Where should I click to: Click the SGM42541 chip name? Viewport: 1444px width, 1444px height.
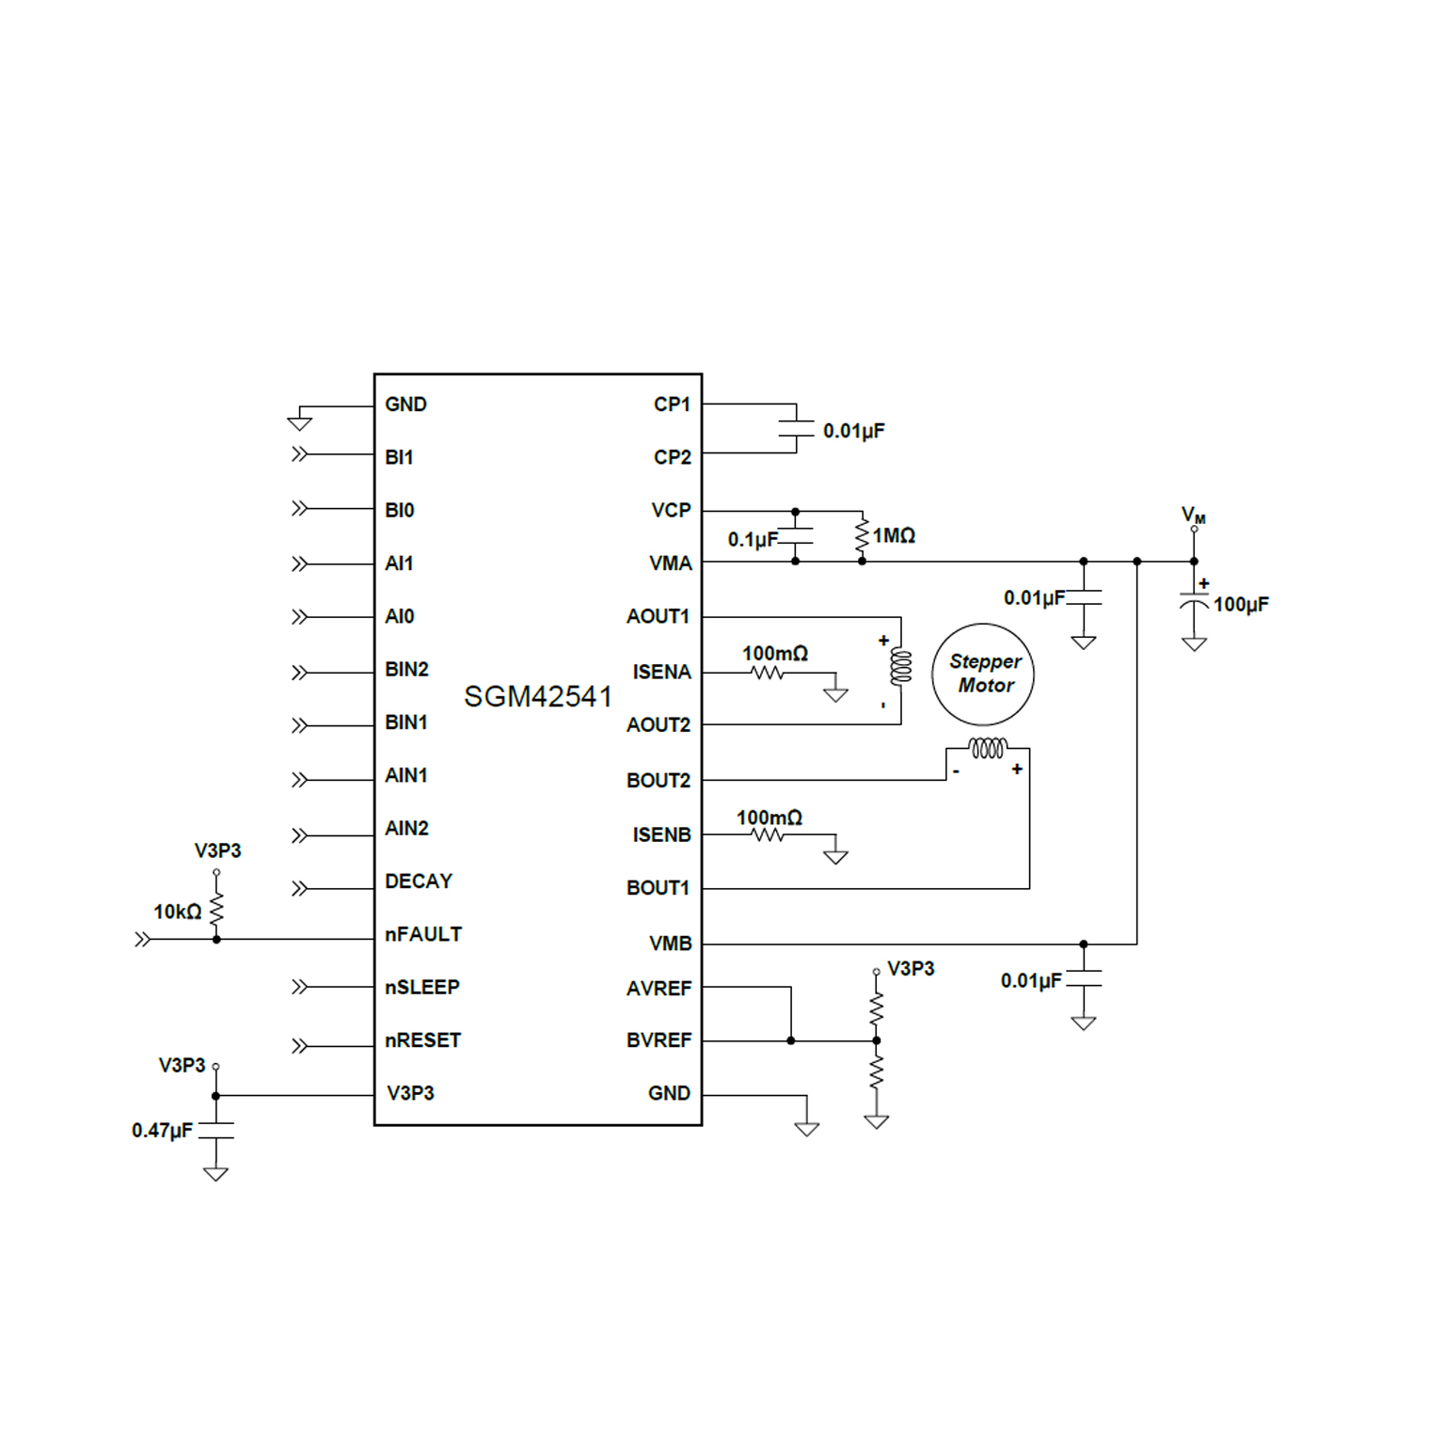click(537, 697)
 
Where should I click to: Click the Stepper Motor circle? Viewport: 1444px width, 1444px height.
click(983, 674)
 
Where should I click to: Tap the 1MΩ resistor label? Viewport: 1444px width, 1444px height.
click(894, 535)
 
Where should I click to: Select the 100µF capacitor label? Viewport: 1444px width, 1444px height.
click(1241, 604)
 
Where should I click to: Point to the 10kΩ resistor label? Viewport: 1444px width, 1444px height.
click(177, 912)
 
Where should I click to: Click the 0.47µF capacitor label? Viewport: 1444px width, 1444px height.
click(162, 1130)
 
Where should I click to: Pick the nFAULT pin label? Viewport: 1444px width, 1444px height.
click(423, 934)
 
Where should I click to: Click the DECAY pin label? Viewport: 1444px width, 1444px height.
click(419, 881)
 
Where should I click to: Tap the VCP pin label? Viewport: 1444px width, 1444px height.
click(671, 510)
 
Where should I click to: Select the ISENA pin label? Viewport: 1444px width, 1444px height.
click(661, 672)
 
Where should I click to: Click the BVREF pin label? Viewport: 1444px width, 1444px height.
click(659, 1040)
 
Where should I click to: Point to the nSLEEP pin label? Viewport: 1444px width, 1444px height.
click(422, 987)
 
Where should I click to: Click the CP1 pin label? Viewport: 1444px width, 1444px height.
click(672, 405)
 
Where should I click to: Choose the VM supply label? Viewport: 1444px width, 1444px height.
click(1193, 516)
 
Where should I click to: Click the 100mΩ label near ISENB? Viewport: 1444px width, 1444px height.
click(770, 817)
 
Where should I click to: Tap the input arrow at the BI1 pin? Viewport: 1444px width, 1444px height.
click(299, 454)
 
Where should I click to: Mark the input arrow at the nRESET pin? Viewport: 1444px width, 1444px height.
click(299, 1046)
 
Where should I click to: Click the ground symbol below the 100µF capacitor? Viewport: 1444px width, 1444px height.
click(1194, 644)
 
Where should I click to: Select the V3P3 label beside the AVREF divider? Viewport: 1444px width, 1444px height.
click(911, 968)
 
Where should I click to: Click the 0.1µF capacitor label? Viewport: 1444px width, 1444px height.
click(753, 539)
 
